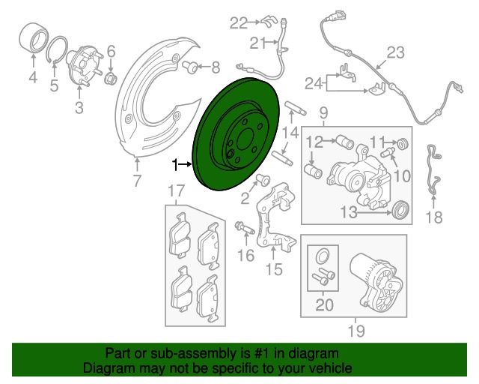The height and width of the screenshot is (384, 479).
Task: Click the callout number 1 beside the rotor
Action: pyautogui.click(x=176, y=163)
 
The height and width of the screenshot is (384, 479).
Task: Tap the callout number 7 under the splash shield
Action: pyautogui.click(x=137, y=181)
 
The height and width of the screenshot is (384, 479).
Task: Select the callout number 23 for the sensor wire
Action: pyautogui.click(x=395, y=52)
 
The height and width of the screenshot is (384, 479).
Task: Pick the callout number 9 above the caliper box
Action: pyautogui.click(x=324, y=113)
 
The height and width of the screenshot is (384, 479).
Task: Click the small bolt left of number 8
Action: pyautogui.click(x=192, y=67)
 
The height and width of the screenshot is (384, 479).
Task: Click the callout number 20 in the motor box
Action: pyautogui.click(x=323, y=304)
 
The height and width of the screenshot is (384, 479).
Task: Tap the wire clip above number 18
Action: pyautogui.click(x=433, y=172)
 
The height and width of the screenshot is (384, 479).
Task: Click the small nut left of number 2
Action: pyautogui.click(x=263, y=181)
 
